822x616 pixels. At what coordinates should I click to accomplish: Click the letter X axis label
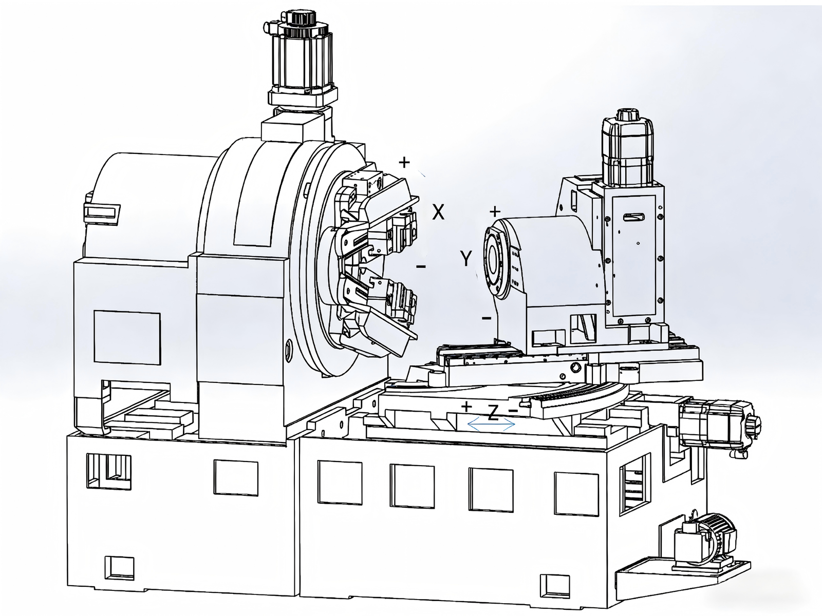(x=438, y=212)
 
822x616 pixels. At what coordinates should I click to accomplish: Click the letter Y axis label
(x=465, y=258)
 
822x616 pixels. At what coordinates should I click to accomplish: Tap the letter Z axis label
(x=494, y=413)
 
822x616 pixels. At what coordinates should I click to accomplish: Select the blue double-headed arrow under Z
(x=491, y=424)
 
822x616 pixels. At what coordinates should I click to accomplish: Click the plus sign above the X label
(x=404, y=162)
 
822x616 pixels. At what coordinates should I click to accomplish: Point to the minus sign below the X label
(x=421, y=266)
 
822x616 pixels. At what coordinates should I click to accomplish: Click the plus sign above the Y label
(x=495, y=211)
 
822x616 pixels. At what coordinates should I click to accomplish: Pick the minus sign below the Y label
(x=487, y=318)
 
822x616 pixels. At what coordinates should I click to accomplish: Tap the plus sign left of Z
(x=466, y=407)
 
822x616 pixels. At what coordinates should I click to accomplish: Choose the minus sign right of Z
(x=513, y=411)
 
